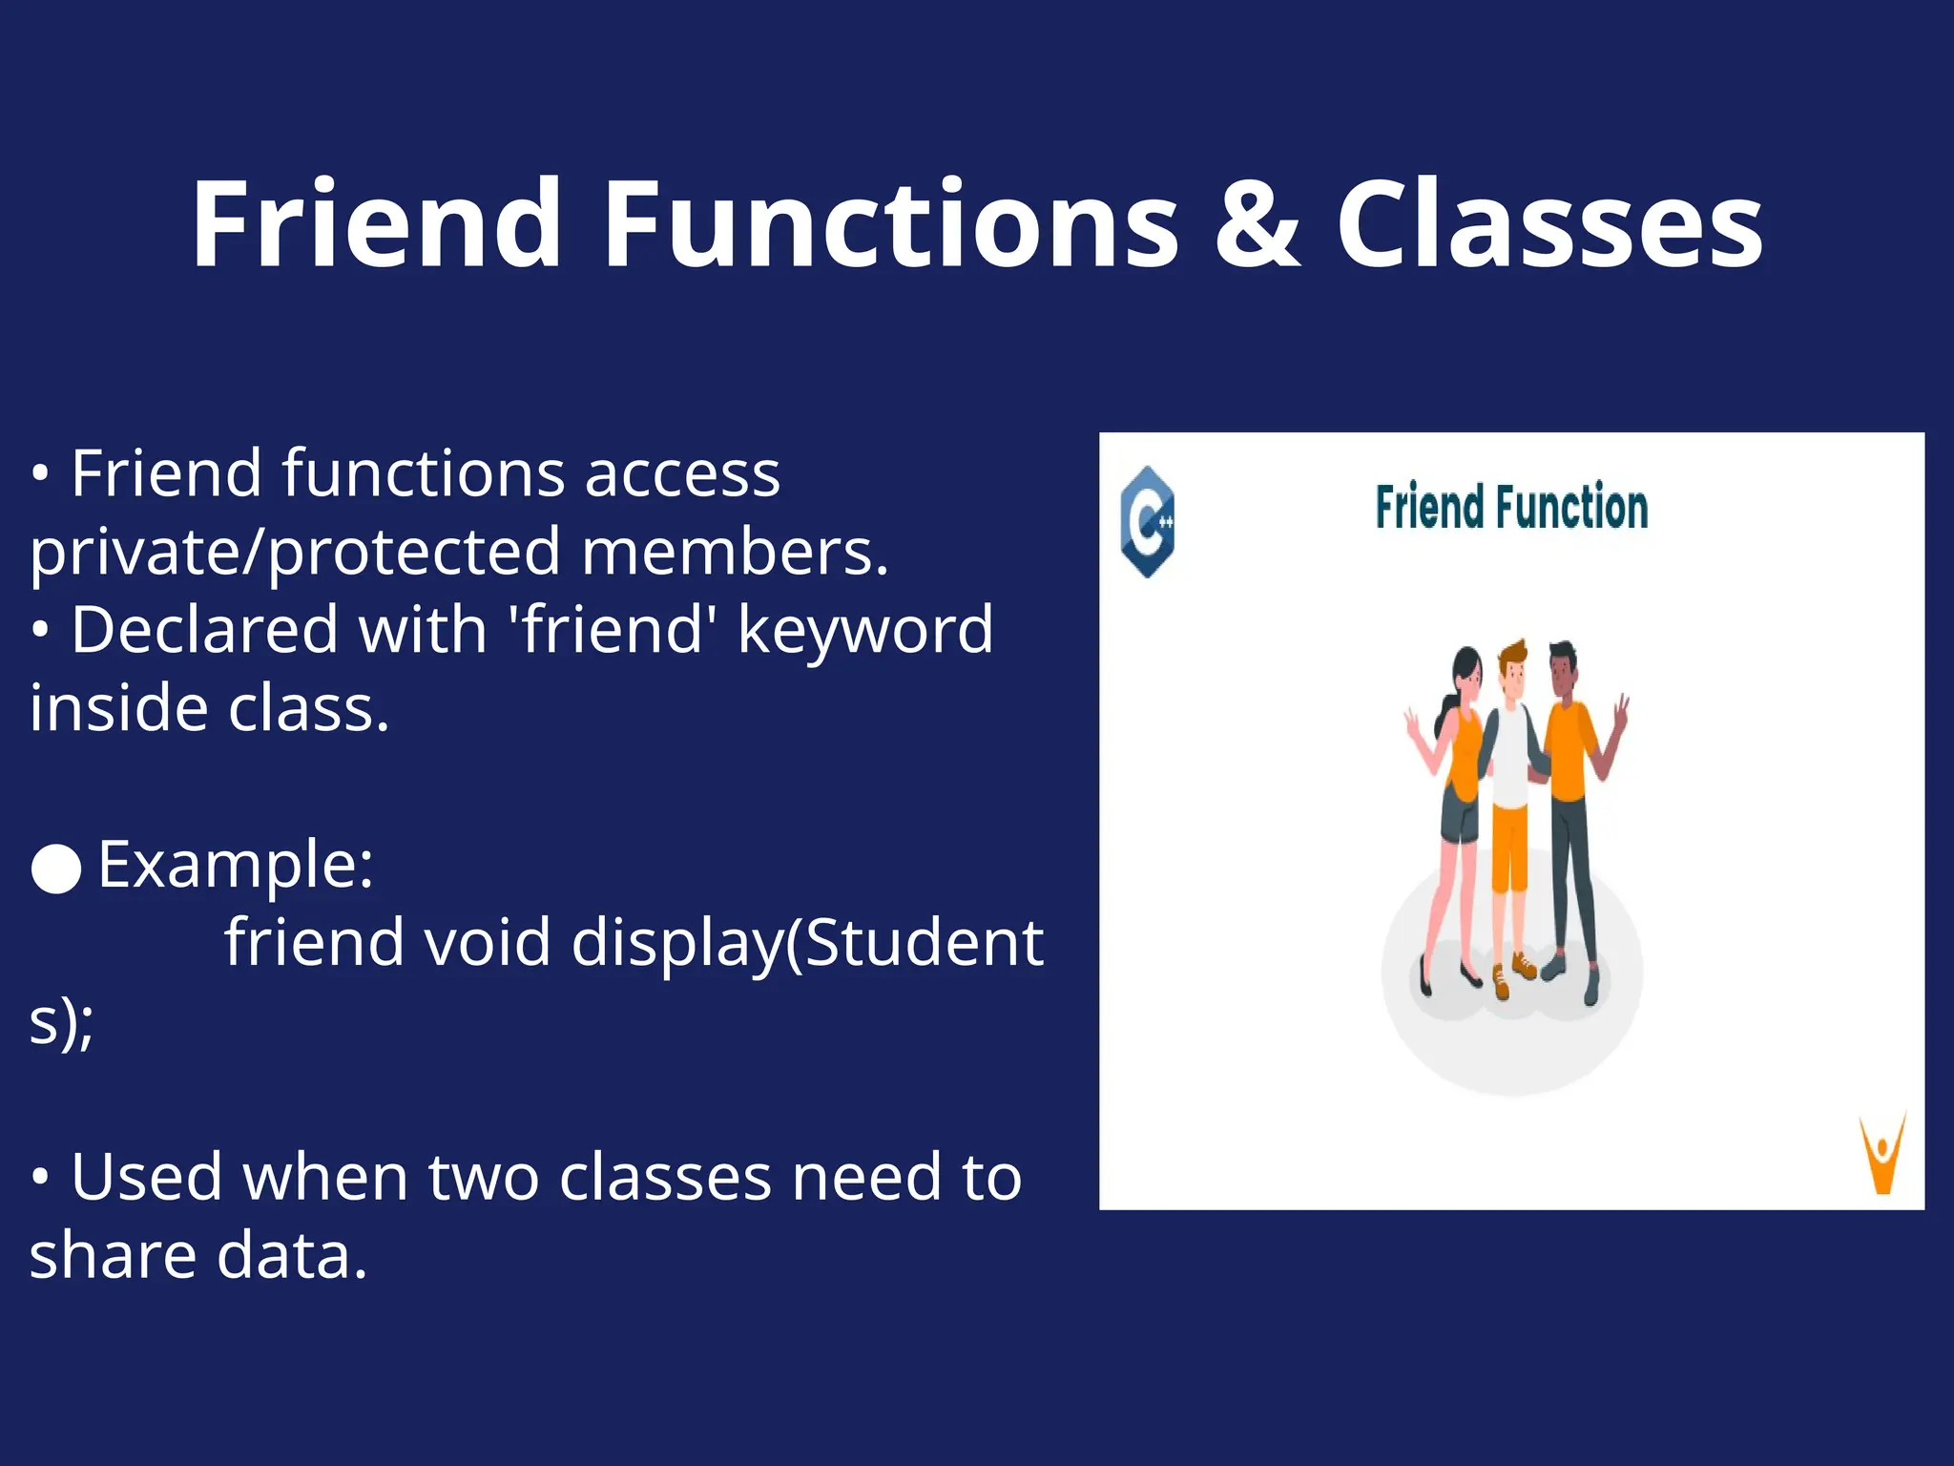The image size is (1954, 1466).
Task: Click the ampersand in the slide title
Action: [1258, 225]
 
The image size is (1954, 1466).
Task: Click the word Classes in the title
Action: [1549, 225]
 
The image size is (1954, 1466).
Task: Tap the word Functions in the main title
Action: [891, 225]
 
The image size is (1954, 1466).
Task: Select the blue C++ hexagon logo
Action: [1147, 521]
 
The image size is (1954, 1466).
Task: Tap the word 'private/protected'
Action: [295, 552]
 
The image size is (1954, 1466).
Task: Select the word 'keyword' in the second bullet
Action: [865, 630]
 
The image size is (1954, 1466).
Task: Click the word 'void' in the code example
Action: [487, 943]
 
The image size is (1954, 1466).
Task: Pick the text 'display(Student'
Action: [807, 943]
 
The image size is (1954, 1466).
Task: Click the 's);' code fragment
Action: [61, 1021]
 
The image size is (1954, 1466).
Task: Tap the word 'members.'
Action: [735, 552]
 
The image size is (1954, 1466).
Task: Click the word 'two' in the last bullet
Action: [483, 1177]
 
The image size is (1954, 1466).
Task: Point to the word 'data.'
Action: [292, 1255]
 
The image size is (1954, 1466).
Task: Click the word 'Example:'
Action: [235, 865]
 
